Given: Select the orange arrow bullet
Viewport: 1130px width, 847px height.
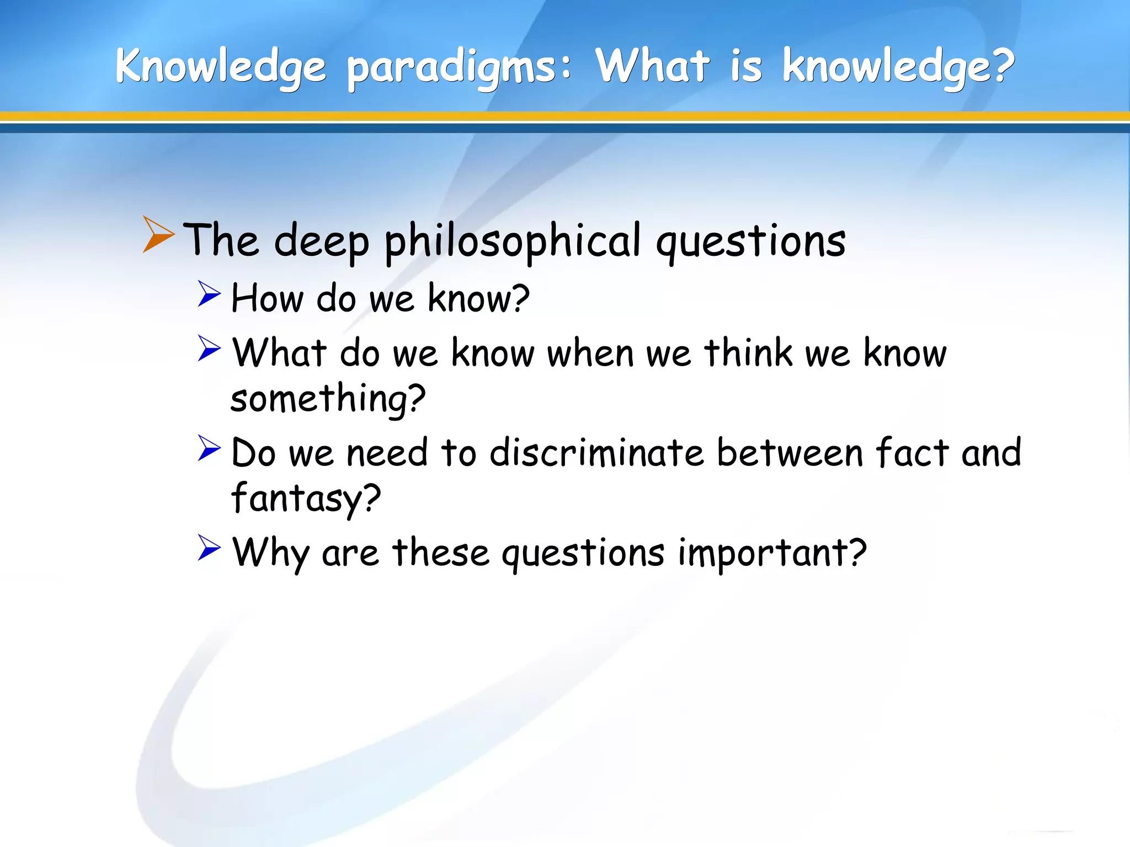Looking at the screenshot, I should coord(158,234).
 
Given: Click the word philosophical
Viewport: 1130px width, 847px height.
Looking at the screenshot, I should coord(513,242).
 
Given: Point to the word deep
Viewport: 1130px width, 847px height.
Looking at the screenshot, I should coord(321,242).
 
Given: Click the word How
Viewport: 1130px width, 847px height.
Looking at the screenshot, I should coord(267,298).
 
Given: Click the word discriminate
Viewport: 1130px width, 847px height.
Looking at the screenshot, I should coord(596,453).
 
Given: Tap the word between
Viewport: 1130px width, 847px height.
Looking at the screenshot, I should coord(790,453).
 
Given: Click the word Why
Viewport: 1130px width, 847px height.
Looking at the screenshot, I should coord(270,553).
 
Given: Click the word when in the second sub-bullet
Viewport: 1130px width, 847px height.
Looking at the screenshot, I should coord(590,353).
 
